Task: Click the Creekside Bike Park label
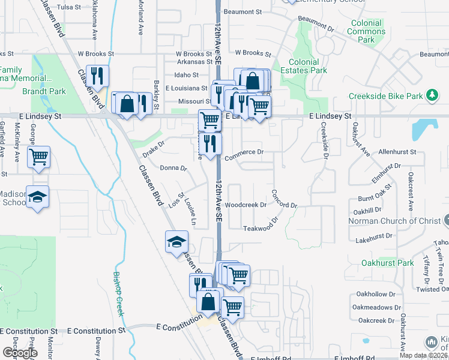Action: [386, 96]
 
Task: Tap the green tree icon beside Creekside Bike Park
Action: [431, 95]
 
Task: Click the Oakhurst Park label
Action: [388, 263]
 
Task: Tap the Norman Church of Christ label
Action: [394, 221]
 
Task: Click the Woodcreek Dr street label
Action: [246, 205]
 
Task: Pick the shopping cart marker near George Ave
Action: [39, 157]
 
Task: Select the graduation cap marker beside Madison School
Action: [38, 197]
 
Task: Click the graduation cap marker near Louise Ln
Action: [177, 242]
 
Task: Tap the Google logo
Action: [20, 353]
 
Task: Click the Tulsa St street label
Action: [69, 7]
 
